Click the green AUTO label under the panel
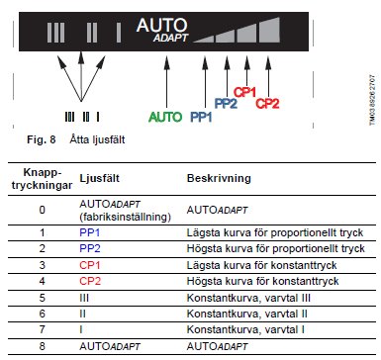165,117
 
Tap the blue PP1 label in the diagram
201,117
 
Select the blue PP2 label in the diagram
226,104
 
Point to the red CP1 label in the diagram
244,92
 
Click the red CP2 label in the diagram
267,104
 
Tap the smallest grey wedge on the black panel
205,39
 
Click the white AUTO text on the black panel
161,25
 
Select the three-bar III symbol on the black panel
55,33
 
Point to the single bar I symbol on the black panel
119,33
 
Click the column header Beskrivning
219,178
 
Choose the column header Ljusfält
99,178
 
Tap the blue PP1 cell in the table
89,232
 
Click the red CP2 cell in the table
90,281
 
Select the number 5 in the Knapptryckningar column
42,298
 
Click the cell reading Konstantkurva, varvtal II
246,314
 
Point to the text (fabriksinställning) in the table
125,217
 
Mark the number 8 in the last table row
42,346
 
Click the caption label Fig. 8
42,139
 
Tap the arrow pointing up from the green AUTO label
167,82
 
